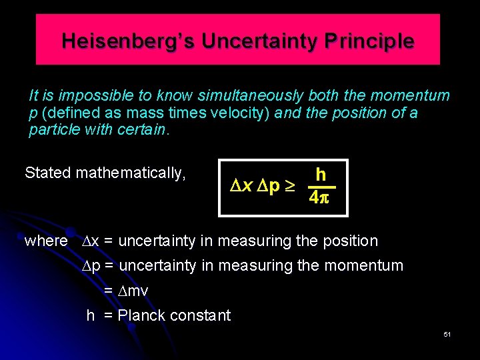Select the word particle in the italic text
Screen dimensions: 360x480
tap(55, 129)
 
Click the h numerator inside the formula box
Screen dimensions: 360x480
tap(321, 175)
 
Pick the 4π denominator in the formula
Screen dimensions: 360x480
tap(321, 199)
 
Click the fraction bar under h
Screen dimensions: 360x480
tap(321, 187)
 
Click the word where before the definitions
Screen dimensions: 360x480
tap(46, 241)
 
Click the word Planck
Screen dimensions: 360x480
tap(142, 315)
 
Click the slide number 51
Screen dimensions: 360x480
tap(447, 334)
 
